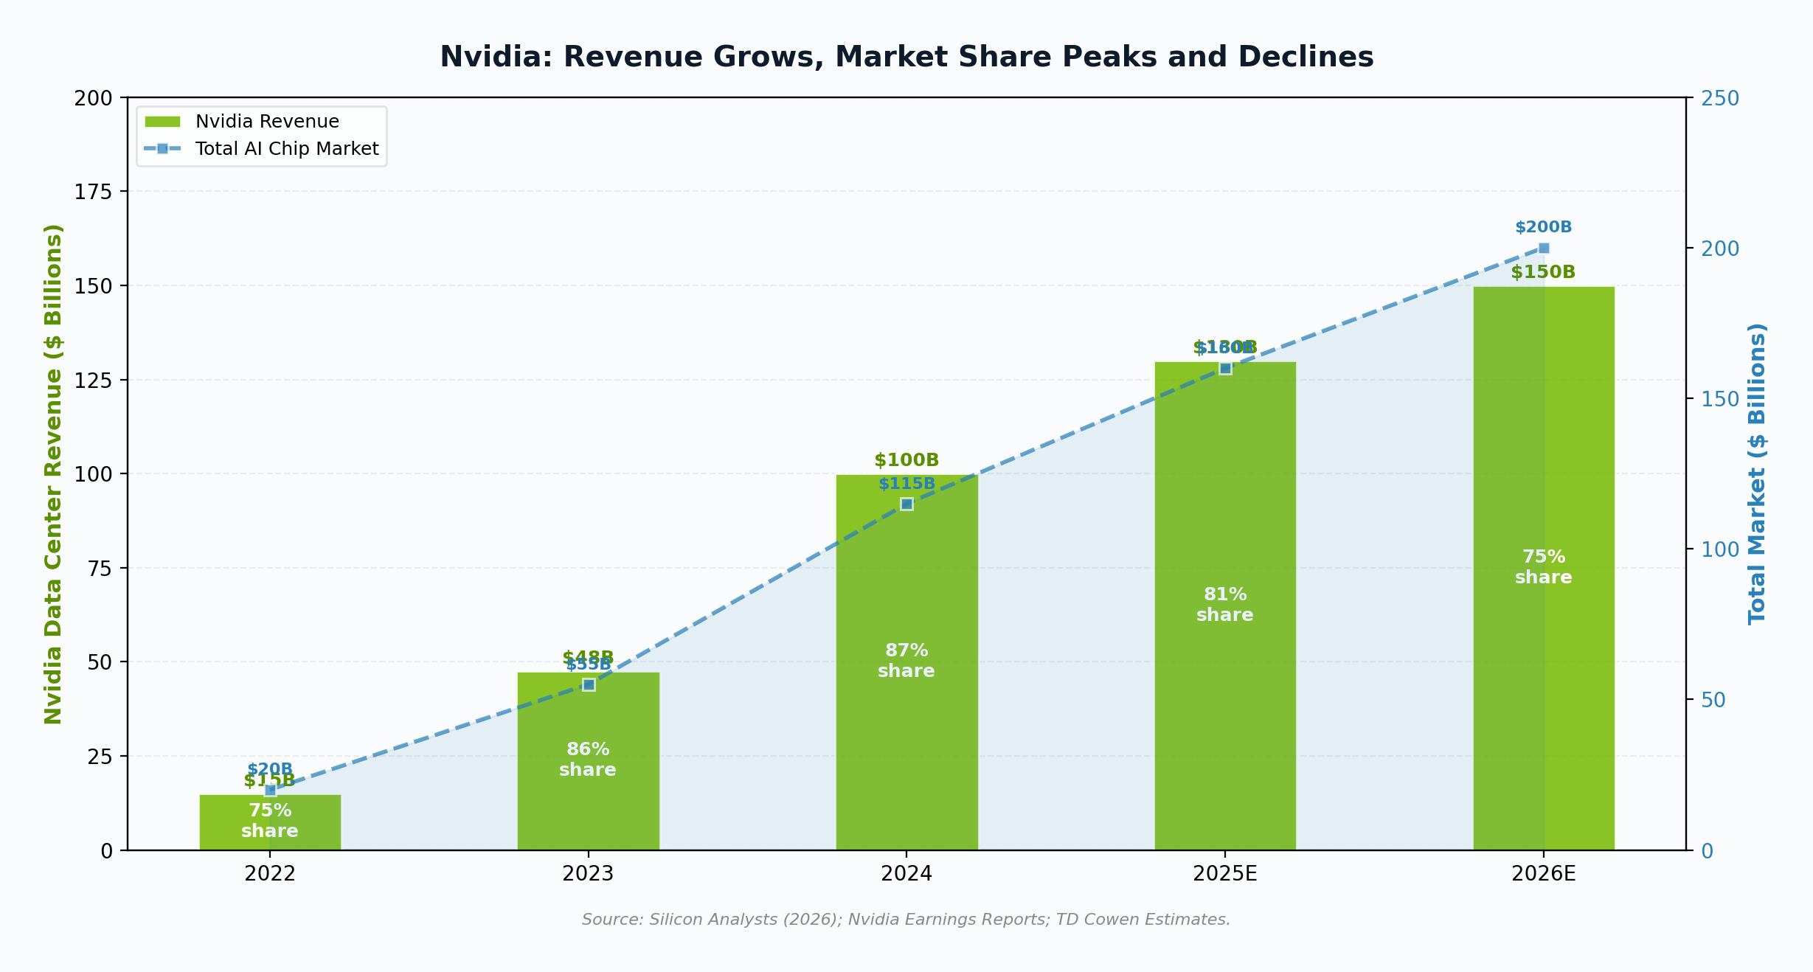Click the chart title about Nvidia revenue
tap(906, 58)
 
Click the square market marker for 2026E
tap(1544, 248)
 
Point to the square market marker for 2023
tap(589, 684)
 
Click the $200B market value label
tap(1544, 227)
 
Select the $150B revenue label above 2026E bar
tap(1543, 272)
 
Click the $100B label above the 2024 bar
tap(906, 460)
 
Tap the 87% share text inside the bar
tap(906, 661)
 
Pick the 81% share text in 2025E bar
tap(1224, 605)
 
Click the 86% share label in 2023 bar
tap(588, 760)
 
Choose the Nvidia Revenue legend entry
tap(266, 122)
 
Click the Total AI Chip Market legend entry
tap(286, 149)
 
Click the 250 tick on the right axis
tap(1720, 98)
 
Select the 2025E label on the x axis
tap(1224, 874)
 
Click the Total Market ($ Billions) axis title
tap(1758, 473)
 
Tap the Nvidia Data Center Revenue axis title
tap(53, 473)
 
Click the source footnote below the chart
tap(906, 920)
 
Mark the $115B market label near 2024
tap(906, 484)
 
